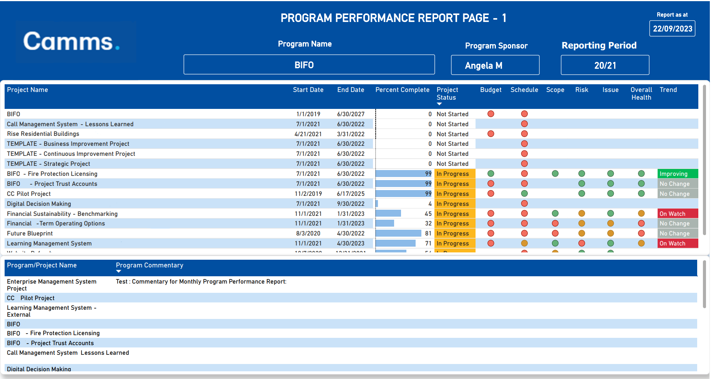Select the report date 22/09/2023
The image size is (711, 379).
point(672,29)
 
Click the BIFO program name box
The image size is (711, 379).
point(309,65)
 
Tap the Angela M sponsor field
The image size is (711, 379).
point(495,65)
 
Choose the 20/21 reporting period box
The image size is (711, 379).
point(605,65)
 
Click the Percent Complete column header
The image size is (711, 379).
point(402,90)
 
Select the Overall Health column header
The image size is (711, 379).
point(641,93)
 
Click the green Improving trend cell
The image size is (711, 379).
point(677,174)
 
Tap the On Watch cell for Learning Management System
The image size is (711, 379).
point(677,244)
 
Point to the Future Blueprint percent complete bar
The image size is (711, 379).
point(398,234)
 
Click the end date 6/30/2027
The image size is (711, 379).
point(351,114)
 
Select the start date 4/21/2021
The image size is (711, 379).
point(308,134)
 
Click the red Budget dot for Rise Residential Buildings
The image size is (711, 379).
point(491,134)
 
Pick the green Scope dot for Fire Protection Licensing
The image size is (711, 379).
point(555,174)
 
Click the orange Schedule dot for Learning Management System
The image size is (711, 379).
point(524,243)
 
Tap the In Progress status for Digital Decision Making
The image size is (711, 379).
point(453,204)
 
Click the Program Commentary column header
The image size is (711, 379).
point(149,265)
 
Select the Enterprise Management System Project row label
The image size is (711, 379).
point(51,285)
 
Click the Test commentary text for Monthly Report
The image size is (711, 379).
point(201,282)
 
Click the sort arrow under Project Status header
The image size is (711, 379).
point(439,104)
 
